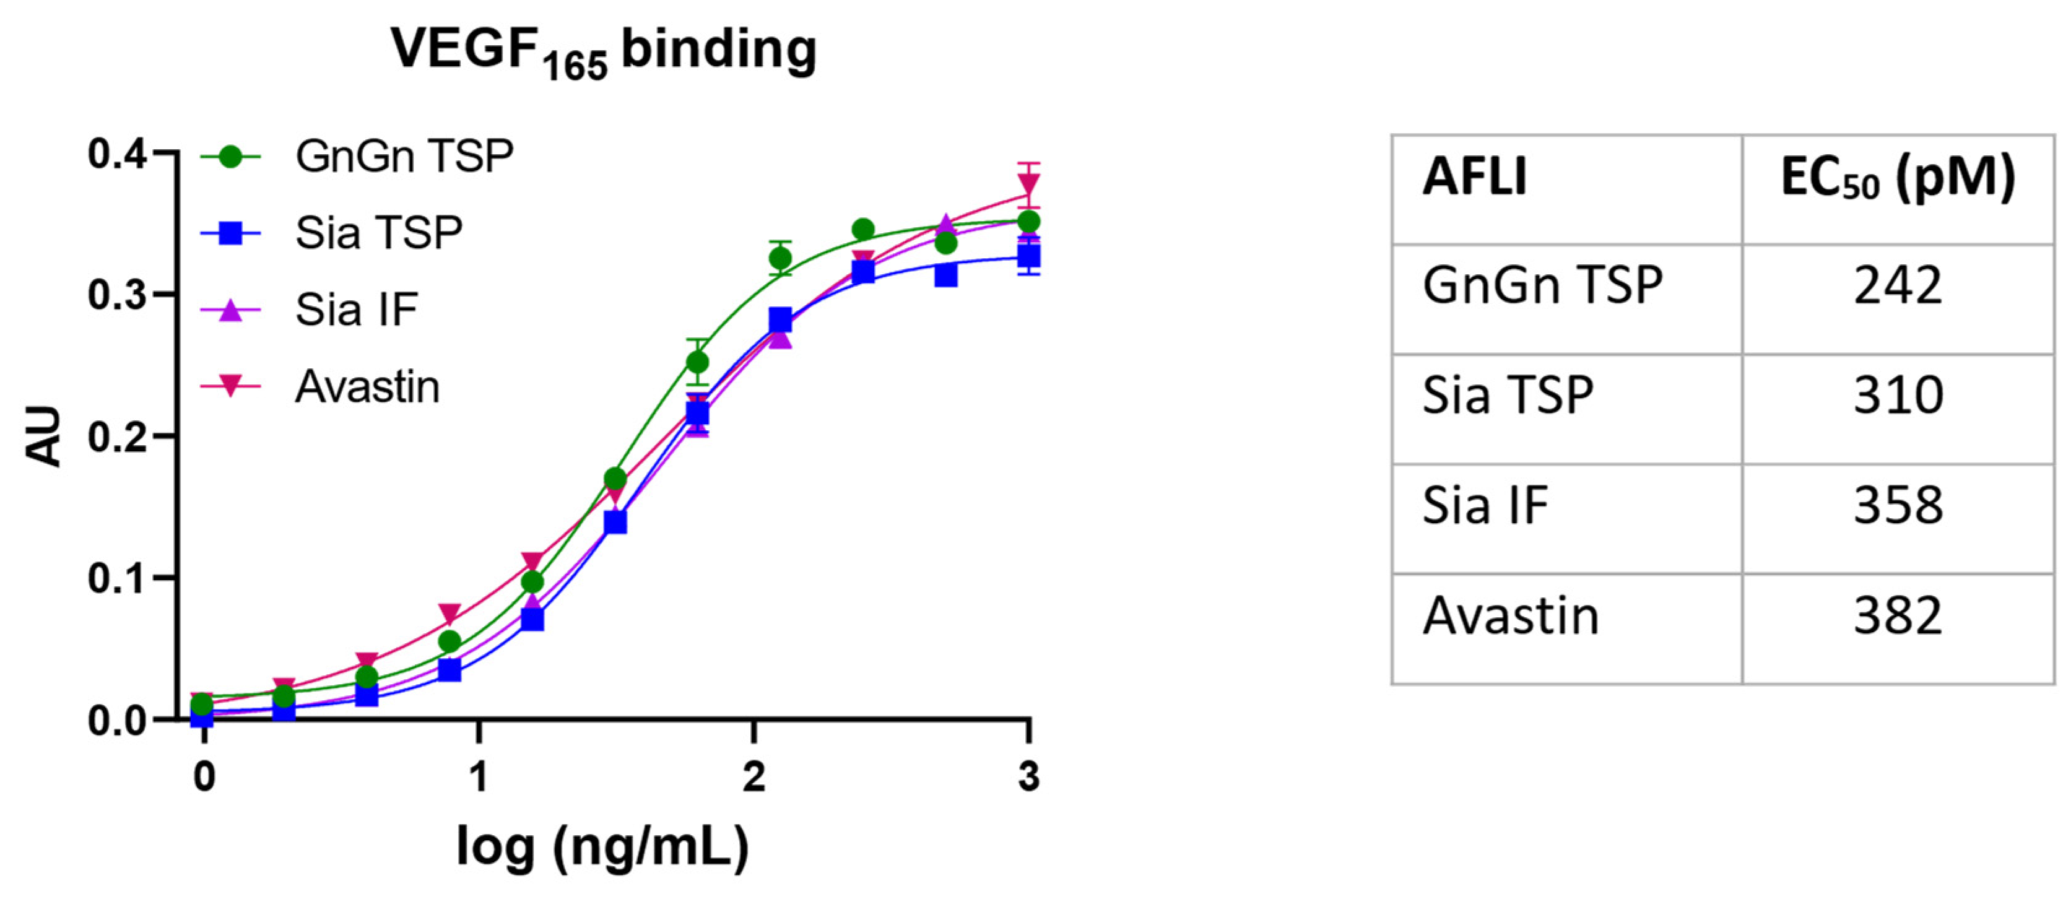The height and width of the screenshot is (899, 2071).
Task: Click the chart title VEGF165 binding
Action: coord(603,51)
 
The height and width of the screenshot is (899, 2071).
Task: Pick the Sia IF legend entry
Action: coord(356,310)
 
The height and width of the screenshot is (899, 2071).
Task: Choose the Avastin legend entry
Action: coord(367,388)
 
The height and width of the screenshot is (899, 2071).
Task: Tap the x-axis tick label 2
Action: coord(753,778)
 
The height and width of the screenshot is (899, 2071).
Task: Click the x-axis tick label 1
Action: coord(479,778)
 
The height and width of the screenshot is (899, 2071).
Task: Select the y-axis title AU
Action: coord(44,436)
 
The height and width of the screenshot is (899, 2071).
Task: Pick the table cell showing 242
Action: coord(1898,285)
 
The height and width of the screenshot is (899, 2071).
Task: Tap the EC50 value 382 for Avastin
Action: coord(1898,617)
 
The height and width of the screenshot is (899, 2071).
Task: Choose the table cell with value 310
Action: coord(1898,396)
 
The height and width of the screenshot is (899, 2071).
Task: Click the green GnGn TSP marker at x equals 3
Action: coord(1028,222)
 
